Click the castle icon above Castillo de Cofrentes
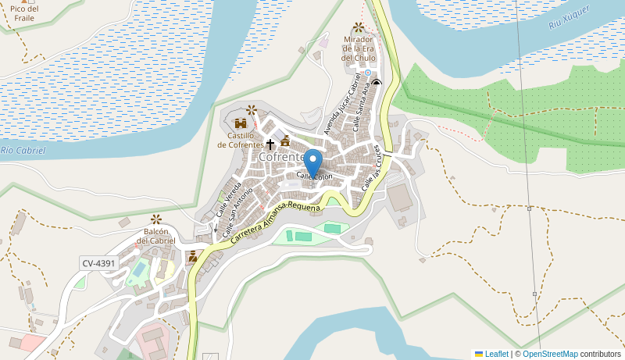(241, 123)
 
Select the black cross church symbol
(270, 144)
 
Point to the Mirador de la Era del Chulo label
(359, 48)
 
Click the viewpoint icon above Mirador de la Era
(359, 28)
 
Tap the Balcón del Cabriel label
(156, 236)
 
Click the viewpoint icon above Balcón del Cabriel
(156, 219)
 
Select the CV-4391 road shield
(98, 263)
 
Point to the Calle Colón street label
(314, 176)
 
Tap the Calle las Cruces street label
(371, 166)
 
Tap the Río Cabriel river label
(23, 150)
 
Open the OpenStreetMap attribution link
(550, 354)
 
